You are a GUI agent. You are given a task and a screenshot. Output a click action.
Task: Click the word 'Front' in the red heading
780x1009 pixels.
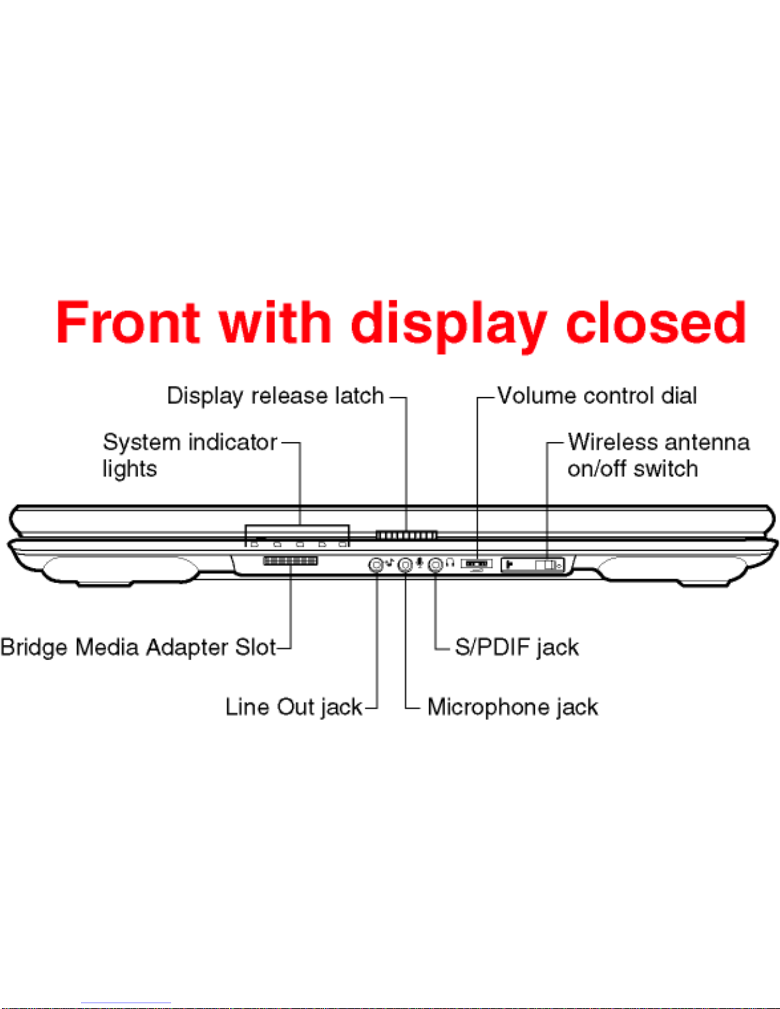tap(128, 322)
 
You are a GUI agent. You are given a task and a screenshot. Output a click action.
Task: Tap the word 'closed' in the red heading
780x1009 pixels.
tap(656, 322)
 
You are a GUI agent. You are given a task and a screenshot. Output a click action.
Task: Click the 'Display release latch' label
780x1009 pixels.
tap(275, 396)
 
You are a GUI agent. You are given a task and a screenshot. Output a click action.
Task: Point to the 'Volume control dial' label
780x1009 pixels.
tap(597, 395)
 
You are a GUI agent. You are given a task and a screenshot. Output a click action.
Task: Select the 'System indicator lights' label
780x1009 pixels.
tap(190, 455)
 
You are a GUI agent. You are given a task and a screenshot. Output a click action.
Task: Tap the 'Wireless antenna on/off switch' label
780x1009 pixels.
tap(658, 455)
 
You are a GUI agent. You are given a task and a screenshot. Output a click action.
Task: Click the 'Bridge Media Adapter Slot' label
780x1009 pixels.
tap(138, 647)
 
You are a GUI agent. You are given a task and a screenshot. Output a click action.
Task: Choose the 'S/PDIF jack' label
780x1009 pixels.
tap(517, 647)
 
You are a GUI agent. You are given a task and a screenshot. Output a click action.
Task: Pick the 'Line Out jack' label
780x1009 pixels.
tap(294, 707)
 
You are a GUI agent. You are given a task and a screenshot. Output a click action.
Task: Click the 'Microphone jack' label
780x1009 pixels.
tap(513, 707)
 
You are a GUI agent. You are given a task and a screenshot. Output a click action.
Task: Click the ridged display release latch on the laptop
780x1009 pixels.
tap(406, 535)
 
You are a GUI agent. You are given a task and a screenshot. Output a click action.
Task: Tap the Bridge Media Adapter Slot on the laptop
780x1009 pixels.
tap(290, 560)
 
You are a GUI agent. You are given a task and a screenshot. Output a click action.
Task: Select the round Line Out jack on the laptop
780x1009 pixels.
tap(376, 565)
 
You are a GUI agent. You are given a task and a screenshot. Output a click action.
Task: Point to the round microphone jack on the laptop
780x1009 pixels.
tap(406, 565)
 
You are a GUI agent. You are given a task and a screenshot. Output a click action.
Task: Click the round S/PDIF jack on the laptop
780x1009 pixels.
tap(435, 565)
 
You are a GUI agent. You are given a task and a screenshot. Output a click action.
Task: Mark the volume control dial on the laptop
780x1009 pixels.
tap(476, 563)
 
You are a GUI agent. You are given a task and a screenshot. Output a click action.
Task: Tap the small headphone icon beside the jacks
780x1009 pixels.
tap(450, 563)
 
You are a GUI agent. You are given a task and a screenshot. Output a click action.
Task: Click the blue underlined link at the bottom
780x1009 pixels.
tap(126, 1004)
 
